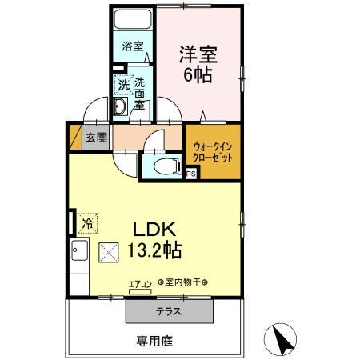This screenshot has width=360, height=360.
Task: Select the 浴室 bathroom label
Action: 132,46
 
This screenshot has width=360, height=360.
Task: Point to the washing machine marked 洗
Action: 122,83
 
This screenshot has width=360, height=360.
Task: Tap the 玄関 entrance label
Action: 96,137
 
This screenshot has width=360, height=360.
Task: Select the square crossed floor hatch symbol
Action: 106,253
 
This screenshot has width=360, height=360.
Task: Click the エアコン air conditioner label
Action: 139,282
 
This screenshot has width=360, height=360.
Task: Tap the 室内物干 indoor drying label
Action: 182,282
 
